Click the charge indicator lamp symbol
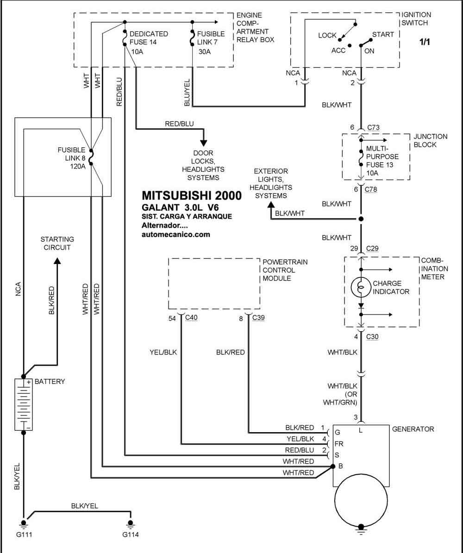361,288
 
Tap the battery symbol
24,404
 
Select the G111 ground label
24,534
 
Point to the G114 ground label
131,534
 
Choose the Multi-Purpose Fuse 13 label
382,160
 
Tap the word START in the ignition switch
383,35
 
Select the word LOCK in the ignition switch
327,35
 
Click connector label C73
374,127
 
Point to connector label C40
191,317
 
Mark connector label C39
258,317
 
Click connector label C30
372,336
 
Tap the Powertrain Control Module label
285,270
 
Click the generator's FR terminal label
339,444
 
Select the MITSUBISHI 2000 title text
192,195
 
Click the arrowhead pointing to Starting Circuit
57,261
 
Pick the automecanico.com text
175,234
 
